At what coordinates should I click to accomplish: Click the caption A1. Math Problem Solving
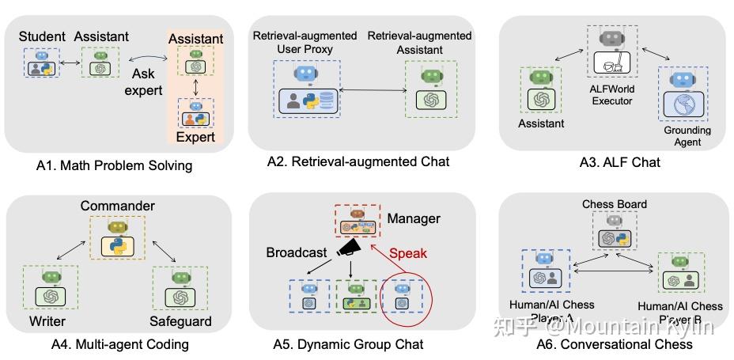[115, 166]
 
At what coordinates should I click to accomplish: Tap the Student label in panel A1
[42, 36]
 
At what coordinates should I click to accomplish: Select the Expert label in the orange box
[195, 136]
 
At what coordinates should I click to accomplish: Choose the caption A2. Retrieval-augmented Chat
[358, 162]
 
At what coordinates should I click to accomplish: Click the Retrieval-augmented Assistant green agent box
[431, 90]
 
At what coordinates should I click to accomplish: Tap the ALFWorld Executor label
[611, 95]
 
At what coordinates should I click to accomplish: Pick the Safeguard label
[180, 321]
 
